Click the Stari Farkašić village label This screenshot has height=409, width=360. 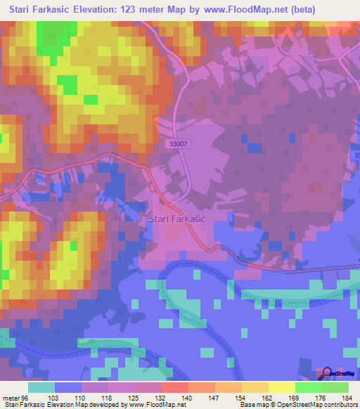tap(181, 219)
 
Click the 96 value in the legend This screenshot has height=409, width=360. tap(27, 397)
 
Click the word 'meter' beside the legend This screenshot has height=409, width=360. tap(11, 397)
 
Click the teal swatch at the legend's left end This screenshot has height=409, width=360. tap(41, 387)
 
